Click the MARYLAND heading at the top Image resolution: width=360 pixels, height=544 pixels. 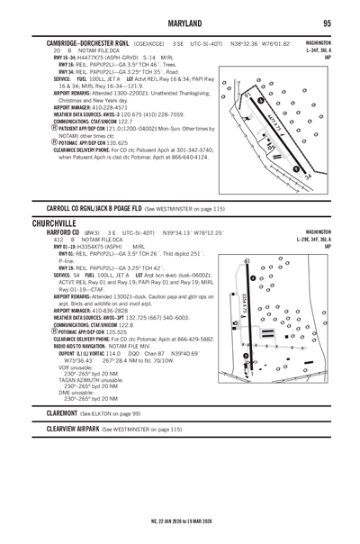(x=179, y=23)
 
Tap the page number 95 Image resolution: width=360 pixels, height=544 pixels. (x=328, y=23)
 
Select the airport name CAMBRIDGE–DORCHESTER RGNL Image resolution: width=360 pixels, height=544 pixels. (x=86, y=41)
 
